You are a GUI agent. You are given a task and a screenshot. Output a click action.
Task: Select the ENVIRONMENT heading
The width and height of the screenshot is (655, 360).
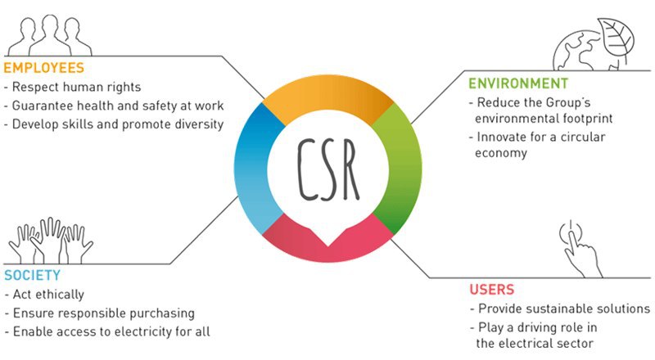pos(517,84)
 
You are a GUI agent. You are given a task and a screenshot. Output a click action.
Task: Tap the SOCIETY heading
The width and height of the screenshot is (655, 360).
pos(32,275)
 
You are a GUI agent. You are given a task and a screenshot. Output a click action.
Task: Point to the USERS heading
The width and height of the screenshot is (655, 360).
pos(491,290)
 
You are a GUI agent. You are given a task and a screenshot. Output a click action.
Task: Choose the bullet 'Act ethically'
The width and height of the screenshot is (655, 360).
pos(48,294)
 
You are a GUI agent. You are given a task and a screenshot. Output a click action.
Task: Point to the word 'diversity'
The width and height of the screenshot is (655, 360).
pos(194,124)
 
